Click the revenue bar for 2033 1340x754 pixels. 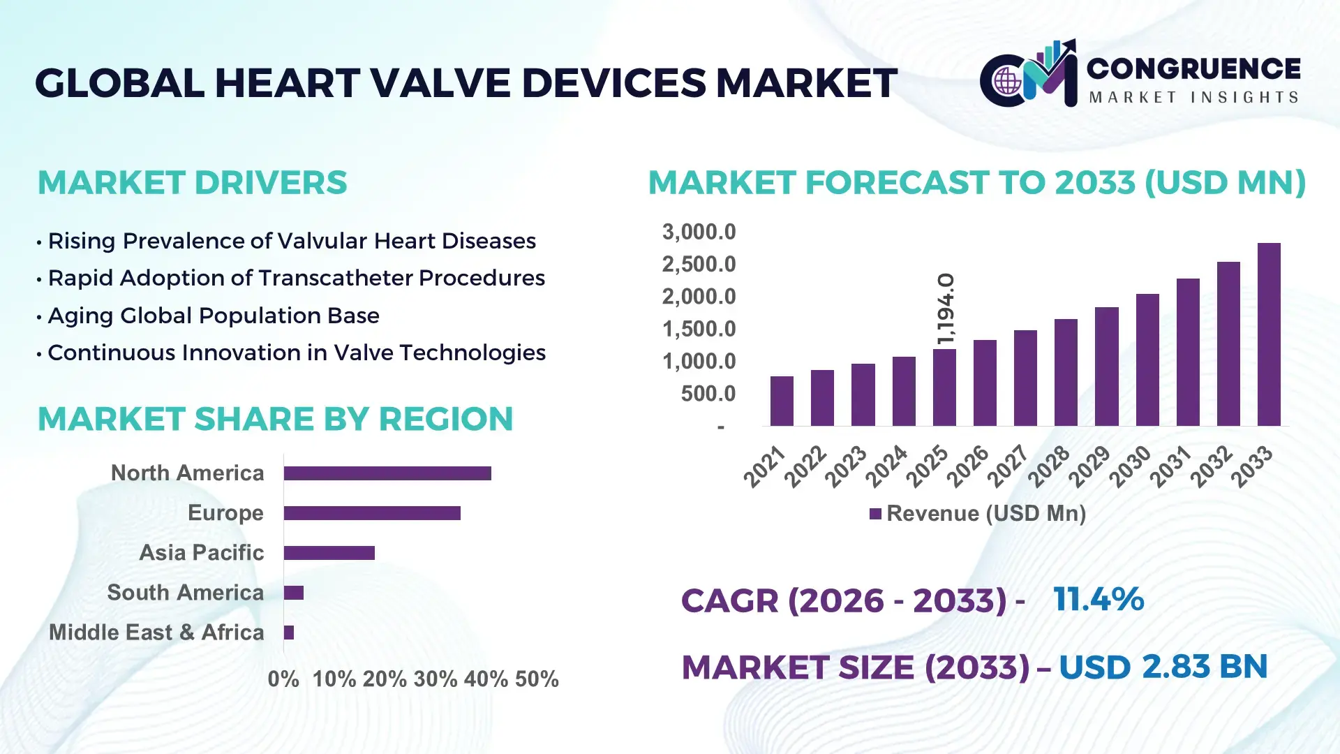click(1269, 335)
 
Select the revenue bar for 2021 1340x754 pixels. click(782, 401)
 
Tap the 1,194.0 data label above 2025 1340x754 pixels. click(945, 309)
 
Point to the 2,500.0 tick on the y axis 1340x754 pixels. click(699, 265)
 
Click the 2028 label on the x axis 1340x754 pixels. click(1048, 466)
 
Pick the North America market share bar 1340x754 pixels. click(387, 473)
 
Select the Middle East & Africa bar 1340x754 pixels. click(289, 633)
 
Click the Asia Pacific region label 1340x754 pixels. click(201, 552)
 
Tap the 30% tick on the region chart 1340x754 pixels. click(435, 679)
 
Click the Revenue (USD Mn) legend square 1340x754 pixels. click(875, 514)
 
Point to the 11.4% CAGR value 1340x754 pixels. click(1099, 599)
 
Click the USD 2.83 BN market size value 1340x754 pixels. click(1163, 667)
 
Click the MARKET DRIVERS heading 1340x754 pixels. click(192, 183)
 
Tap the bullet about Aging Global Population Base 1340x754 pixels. click(213, 316)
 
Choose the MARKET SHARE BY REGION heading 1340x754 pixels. click(275, 419)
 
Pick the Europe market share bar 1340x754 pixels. click(372, 513)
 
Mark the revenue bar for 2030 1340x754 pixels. click(1147, 360)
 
